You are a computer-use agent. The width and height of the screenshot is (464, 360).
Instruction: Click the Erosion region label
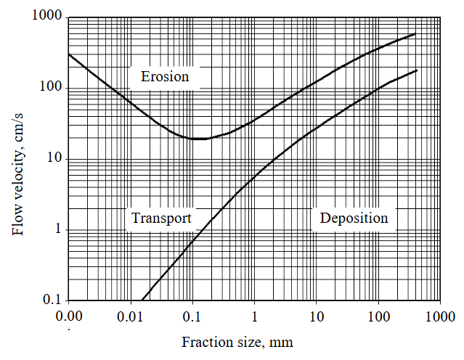pos(164,76)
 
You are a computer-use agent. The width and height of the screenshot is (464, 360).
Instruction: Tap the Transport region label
pos(161,218)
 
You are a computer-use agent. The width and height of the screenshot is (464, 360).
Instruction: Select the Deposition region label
pos(354,218)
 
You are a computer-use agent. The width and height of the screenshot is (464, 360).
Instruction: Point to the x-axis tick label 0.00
pos(68,316)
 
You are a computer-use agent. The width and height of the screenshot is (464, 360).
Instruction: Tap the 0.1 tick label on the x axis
pos(192,316)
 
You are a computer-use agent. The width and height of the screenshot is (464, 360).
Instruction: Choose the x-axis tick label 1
pos(254,316)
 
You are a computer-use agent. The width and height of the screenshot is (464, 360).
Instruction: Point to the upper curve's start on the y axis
pos(68,54)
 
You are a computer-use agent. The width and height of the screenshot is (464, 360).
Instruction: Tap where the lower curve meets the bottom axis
pos(142,300)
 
